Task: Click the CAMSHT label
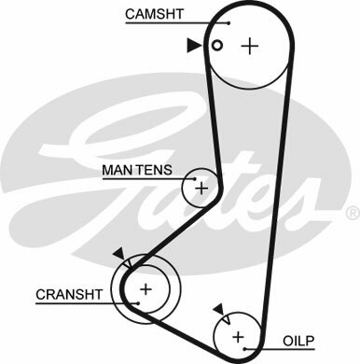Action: click(x=154, y=14)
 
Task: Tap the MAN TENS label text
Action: click(x=137, y=170)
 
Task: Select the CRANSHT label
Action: click(x=69, y=294)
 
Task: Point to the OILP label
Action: click(x=298, y=341)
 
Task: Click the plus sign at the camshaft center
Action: click(x=250, y=46)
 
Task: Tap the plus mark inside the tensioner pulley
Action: click(x=201, y=189)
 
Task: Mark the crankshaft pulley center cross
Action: click(x=145, y=289)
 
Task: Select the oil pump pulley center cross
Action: click(x=238, y=337)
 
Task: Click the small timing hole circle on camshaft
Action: click(x=217, y=46)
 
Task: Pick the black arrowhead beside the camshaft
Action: click(x=194, y=46)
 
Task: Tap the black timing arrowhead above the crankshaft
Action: click(x=119, y=254)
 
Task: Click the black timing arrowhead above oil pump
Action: click(x=219, y=309)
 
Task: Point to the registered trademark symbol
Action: click(x=353, y=213)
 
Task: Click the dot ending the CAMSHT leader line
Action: click(x=228, y=23)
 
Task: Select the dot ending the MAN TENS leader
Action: click(x=195, y=179)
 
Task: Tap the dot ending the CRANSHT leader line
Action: click(x=138, y=303)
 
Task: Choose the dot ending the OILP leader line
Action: click(x=245, y=349)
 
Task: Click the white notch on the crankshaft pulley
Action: click(x=128, y=264)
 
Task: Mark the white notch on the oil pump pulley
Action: click(x=226, y=319)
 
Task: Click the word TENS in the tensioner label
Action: click(x=155, y=170)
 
